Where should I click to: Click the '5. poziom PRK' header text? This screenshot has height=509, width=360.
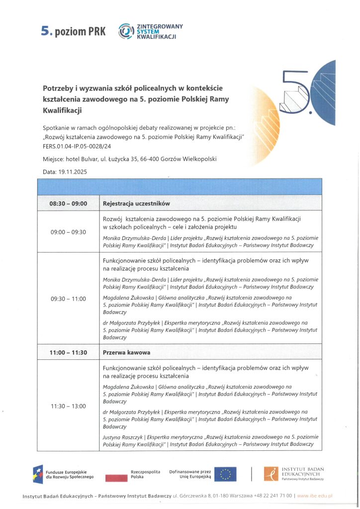tap(73, 32)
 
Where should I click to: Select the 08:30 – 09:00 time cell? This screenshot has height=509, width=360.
tap(68, 203)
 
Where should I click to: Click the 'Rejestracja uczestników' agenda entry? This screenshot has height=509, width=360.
tap(136, 203)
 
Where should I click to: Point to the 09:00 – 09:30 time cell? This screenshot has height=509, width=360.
tap(68, 232)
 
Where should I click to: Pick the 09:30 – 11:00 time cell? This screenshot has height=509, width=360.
tap(68, 299)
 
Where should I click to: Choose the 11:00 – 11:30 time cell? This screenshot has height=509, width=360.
tap(68, 352)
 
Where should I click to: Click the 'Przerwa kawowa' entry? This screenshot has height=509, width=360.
tap(126, 352)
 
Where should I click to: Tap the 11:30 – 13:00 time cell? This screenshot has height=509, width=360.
tap(68, 406)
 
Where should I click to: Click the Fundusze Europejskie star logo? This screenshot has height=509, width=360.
tap(38, 474)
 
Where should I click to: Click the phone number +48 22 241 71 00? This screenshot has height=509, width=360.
tap(272, 496)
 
